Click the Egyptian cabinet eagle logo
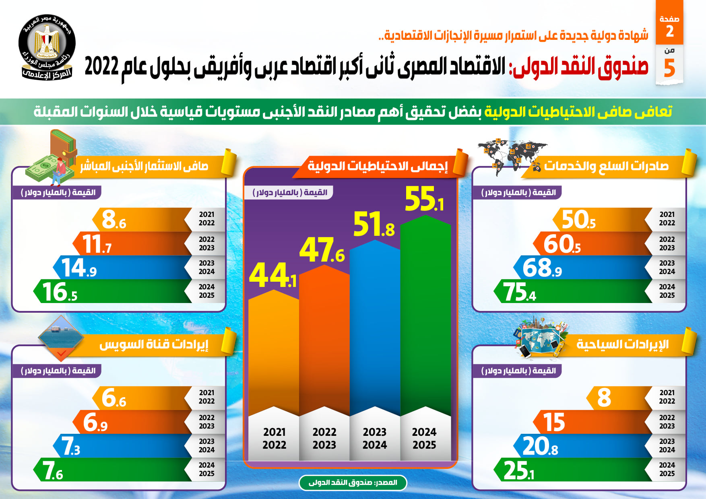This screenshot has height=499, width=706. pos(47,47)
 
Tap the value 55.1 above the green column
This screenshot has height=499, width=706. pos(424,199)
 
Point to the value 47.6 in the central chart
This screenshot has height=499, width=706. pos(322,250)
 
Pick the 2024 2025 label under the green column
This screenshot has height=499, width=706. pos(424,438)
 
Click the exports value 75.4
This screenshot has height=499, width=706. pos(520,292)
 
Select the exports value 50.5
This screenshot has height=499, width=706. pos(578,220)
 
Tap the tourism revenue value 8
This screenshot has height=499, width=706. pos(604,398)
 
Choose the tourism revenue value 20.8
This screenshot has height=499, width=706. pos(540,446)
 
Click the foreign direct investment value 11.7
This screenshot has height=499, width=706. pos(97,244)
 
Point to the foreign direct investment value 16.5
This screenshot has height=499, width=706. pos(60,292)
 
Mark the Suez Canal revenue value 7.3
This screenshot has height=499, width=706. pos(71,446)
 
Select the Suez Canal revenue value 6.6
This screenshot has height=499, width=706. pos(114,398)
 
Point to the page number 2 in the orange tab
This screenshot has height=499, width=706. pos(669,31)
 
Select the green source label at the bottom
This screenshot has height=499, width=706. pos(353,483)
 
